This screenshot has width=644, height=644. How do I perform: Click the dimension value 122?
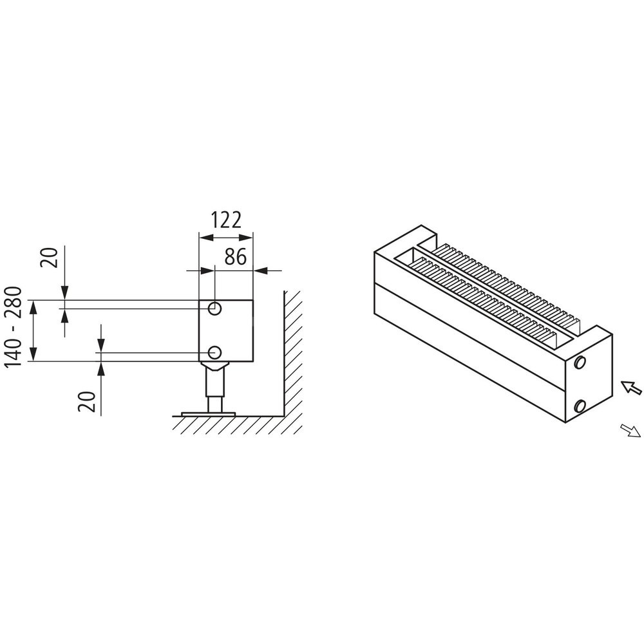tap(226, 220)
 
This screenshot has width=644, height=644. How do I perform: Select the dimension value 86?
tap(236, 257)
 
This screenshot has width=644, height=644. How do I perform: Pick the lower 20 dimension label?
tap(87, 401)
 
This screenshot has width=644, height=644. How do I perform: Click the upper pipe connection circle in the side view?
tap(215, 308)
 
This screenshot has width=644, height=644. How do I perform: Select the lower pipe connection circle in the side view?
tap(215, 352)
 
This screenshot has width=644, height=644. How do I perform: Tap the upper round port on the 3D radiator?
tap(580, 362)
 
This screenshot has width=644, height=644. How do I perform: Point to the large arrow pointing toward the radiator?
tap(630, 387)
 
